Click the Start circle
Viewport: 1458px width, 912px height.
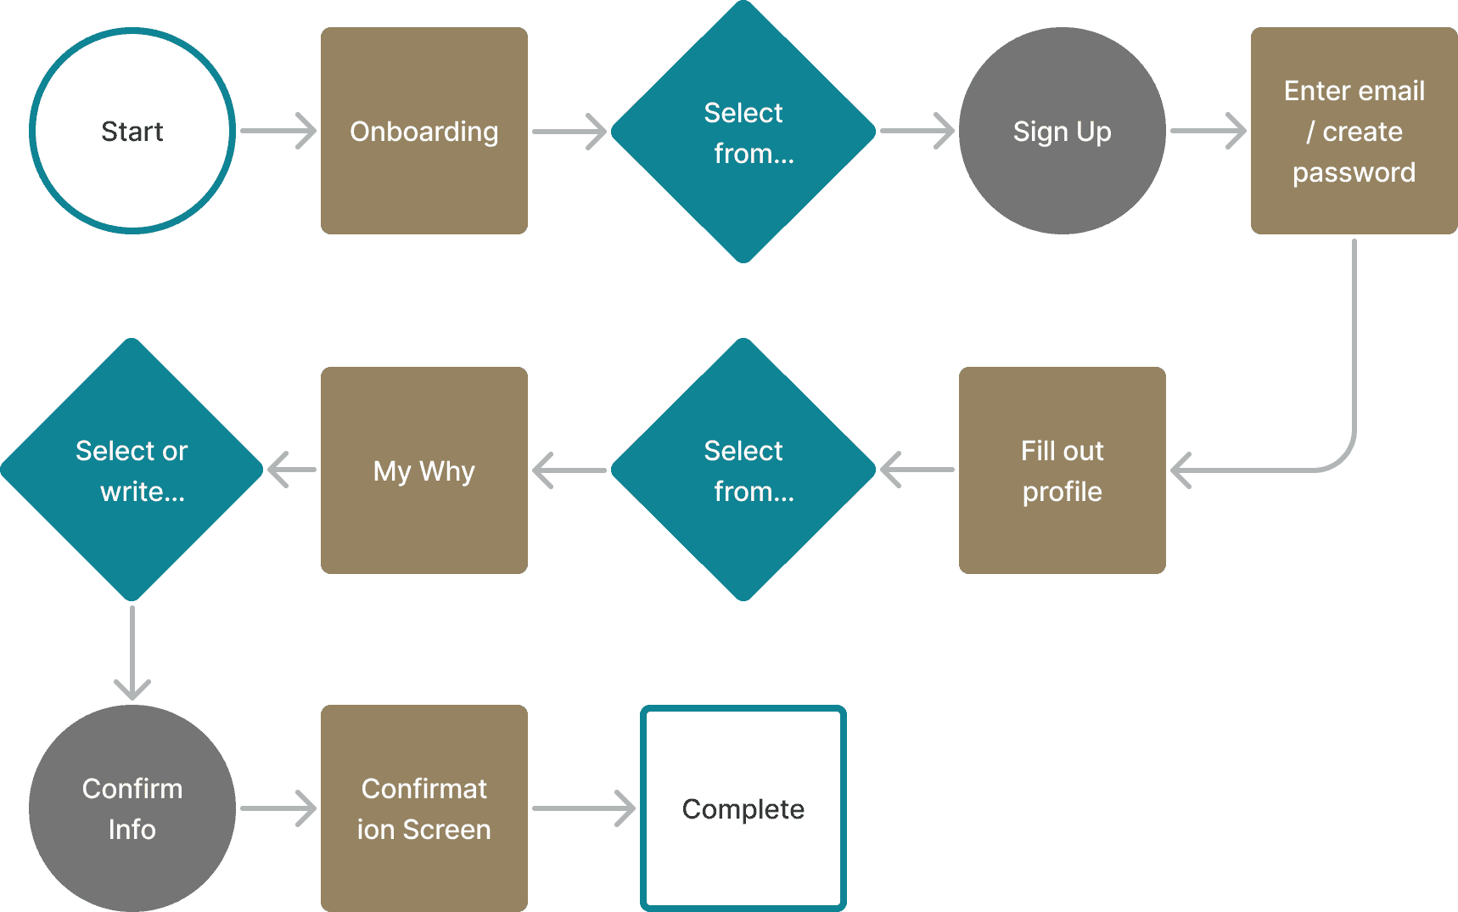(x=132, y=131)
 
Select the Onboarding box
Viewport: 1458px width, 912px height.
(x=423, y=131)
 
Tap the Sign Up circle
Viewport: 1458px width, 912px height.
(x=1062, y=131)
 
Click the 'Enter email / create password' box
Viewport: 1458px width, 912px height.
(x=1354, y=131)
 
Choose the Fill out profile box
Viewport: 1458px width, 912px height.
(x=1062, y=470)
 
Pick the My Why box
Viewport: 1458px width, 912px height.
(x=423, y=470)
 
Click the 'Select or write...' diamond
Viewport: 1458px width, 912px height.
(x=132, y=470)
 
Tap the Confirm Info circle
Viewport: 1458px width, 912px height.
(x=132, y=808)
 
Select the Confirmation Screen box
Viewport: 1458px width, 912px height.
(x=423, y=808)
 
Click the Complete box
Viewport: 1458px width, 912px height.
(x=743, y=808)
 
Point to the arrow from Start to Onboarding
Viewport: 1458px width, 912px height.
(x=278, y=131)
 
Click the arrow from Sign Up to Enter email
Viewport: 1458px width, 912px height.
(x=1208, y=131)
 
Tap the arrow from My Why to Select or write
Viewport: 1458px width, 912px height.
(x=292, y=470)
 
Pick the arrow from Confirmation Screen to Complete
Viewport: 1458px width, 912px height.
(x=584, y=808)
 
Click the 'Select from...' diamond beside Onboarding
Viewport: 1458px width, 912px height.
(x=743, y=132)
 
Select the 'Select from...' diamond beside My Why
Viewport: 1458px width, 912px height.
(x=743, y=470)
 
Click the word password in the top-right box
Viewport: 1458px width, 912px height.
(x=1354, y=172)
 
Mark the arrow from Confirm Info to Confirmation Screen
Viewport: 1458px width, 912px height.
(x=278, y=808)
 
